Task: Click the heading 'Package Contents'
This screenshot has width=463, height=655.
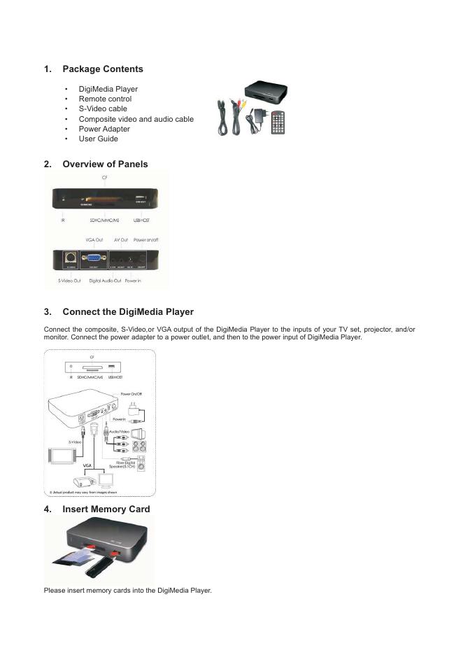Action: [102, 69]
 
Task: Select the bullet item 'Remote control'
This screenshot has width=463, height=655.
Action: [105, 99]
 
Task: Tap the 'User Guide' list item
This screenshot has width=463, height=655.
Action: [98, 139]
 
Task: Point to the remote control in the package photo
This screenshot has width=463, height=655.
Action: [278, 122]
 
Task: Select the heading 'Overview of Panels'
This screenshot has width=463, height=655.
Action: [105, 164]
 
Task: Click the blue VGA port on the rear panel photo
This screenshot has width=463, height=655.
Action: [92, 259]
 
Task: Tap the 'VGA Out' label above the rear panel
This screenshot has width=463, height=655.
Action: [94, 240]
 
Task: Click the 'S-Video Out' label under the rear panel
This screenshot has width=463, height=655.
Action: [69, 281]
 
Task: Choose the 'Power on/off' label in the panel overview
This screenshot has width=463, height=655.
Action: [146, 240]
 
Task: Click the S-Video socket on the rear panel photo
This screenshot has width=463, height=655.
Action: [70, 258]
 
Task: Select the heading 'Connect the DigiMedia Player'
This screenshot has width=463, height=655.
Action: [128, 311]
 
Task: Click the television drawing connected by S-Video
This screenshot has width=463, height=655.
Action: [59, 456]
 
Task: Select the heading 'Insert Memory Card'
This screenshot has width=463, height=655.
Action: [106, 509]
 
